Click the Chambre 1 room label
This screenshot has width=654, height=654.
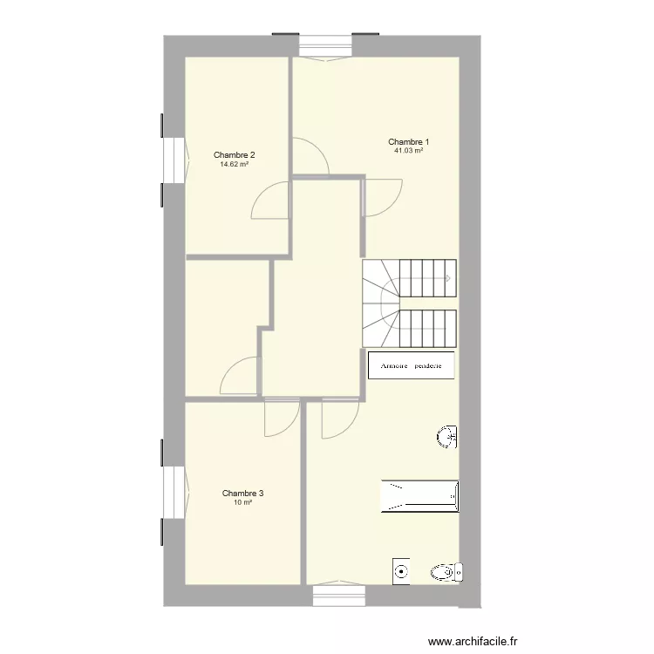408,142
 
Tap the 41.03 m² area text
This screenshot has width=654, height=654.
408,151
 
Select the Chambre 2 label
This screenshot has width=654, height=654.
234,154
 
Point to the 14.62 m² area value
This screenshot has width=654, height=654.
234,164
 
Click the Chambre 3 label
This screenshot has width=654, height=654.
242,493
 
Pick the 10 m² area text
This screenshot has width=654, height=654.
242,502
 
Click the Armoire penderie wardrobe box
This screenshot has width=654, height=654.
411,365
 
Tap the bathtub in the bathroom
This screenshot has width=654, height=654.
420,496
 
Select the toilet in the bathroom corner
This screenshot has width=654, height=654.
446,572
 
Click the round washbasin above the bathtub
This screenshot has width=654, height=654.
446,437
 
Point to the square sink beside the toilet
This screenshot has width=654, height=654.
401,571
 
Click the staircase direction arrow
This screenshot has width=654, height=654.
448,278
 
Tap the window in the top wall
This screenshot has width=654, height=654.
326,47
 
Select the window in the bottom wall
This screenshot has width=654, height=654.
339,595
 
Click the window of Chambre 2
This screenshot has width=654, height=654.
174,160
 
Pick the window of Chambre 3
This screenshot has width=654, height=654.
174,492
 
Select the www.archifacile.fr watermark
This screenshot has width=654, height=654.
473,641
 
